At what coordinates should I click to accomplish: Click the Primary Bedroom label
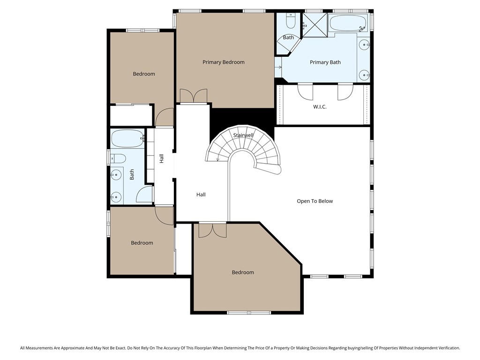pyautogui.click(x=223, y=62)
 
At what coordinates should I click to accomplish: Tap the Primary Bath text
pyautogui.click(x=325, y=62)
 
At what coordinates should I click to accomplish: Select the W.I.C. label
pyautogui.click(x=320, y=107)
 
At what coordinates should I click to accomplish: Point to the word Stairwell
pyautogui.click(x=243, y=135)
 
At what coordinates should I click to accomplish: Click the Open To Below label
pyautogui.click(x=315, y=201)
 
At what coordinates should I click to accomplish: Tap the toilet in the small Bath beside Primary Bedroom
pyautogui.click(x=290, y=21)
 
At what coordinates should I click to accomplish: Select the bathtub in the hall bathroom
pyautogui.click(x=127, y=138)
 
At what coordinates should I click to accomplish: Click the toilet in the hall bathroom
pyautogui.click(x=118, y=157)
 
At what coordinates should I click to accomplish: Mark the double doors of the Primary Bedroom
pyautogui.click(x=193, y=96)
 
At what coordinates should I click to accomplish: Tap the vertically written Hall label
pyautogui.click(x=161, y=158)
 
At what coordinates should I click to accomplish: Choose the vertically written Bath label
pyautogui.click(x=132, y=174)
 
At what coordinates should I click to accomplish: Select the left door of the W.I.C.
pyautogui.click(x=305, y=91)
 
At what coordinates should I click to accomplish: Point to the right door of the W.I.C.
pyautogui.click(x=345, y=91)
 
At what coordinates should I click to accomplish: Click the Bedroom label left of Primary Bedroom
pyautogui.click(x=143, y=74)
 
